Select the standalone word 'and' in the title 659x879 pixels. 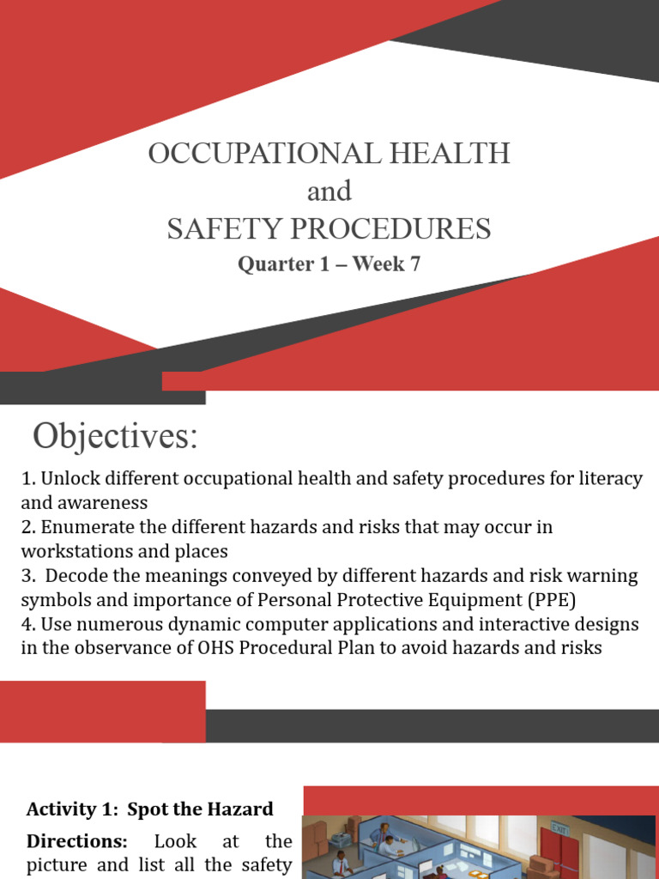(329, 191)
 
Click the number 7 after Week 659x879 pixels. (415, 264)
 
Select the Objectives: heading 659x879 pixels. (115, 437)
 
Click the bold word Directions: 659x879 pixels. (76, 841)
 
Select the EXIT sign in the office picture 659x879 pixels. (560, 829)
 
